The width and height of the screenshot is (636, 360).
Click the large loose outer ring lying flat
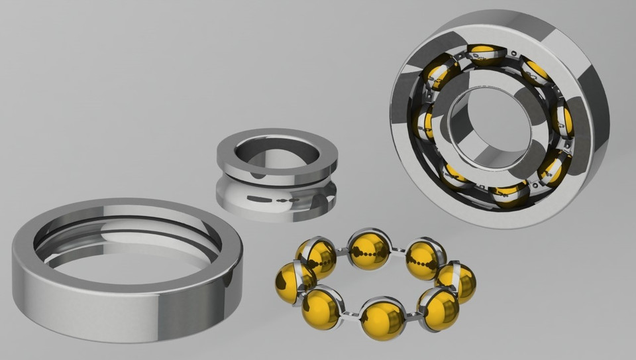(x=126, y=305)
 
